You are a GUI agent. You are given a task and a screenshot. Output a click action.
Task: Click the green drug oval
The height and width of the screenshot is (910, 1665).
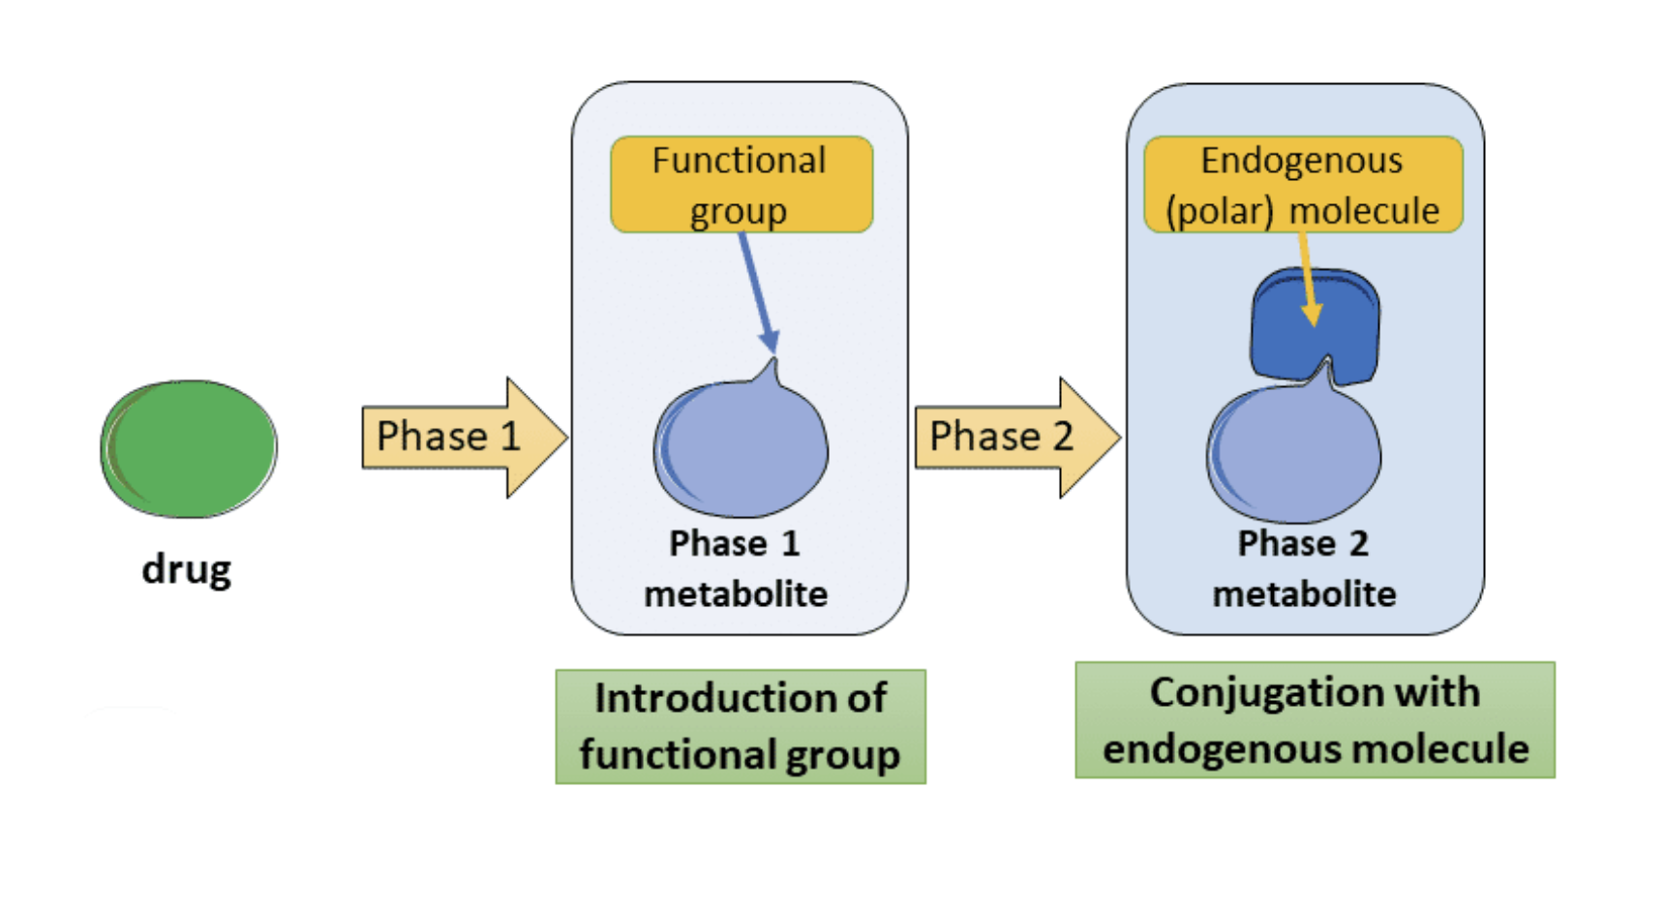click(x=189, y=448)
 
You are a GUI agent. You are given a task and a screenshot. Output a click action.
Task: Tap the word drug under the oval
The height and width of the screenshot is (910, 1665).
click(x=186, y=569)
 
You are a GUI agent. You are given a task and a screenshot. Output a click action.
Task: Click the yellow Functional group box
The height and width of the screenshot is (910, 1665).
click(x=742, y=184)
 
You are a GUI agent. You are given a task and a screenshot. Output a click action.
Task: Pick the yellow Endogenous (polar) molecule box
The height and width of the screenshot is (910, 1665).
click(x=1303, y=184)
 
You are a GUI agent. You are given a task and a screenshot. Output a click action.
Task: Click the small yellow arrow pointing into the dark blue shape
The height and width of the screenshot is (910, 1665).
click(x=1308, y=286)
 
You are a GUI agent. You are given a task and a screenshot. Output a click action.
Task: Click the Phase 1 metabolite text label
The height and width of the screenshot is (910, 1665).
click(x=736, y=569)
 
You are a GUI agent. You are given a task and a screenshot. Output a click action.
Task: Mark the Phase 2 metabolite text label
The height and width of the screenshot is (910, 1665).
click(x=1304, y=569)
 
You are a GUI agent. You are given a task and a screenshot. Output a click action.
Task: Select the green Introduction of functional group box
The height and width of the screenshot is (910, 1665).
click(x=741, y=726)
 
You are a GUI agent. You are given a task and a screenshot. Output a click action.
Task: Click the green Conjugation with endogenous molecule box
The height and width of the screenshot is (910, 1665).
click(x=1315, y=720)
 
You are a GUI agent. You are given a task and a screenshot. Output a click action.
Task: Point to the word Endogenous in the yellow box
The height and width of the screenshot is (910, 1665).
click(x=1301, y=161)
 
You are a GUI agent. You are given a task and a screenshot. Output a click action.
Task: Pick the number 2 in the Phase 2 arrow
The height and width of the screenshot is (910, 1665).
click(x=1063, y=437)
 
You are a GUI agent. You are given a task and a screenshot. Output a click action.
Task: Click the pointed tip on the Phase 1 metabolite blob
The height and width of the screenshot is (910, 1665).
click(x=773, y=367)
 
